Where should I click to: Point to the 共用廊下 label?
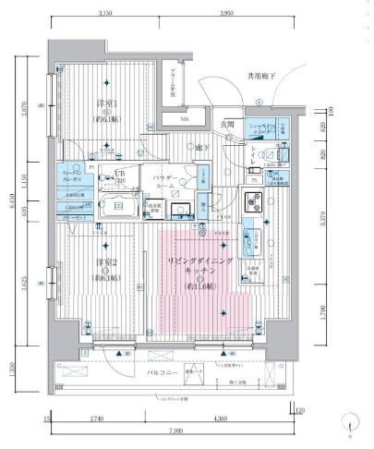(x=261, y=78)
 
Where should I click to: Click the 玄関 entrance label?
(x=227, y=124)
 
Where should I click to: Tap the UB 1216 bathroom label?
(x=120, y=177)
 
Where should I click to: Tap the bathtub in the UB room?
(x=117, y=206)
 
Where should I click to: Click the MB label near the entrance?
(x=184, y=118)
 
